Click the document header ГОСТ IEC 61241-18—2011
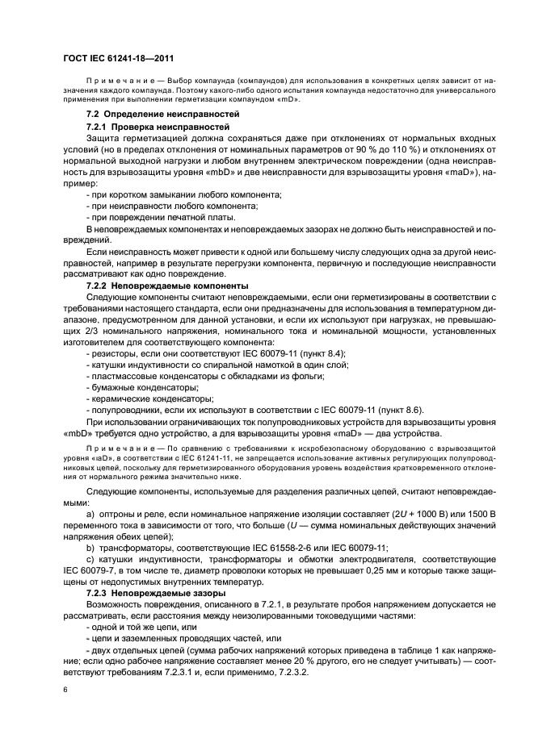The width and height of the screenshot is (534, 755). pos(119,59)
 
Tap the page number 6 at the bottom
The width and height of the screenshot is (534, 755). pos(65,690)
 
